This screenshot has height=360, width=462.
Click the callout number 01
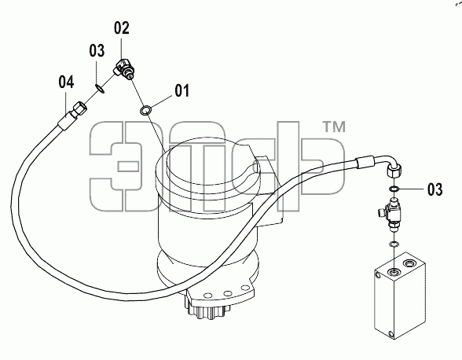[x=181, y=90]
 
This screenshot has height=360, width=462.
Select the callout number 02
[x=122, y=28]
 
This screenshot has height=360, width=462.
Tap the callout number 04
[x=66, y=82]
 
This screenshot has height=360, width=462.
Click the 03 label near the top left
[x=97, y=51]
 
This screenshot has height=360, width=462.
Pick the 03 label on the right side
[x=435, y=189]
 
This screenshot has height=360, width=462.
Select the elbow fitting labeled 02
[x=125, y=68]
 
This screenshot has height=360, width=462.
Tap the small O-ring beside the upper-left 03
[x=100, y=88]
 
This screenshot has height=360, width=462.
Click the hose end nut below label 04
[x=80, y=108]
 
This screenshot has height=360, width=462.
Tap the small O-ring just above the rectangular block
[x=394, y=244]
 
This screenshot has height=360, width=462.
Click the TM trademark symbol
[x=335, y=127]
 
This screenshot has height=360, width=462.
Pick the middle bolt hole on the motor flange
[x=228, y=293]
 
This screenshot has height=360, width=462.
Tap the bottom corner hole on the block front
[x=390, y=334]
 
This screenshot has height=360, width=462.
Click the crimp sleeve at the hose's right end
[x=365, y=162]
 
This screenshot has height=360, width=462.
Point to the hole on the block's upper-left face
[x=378, y=275]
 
